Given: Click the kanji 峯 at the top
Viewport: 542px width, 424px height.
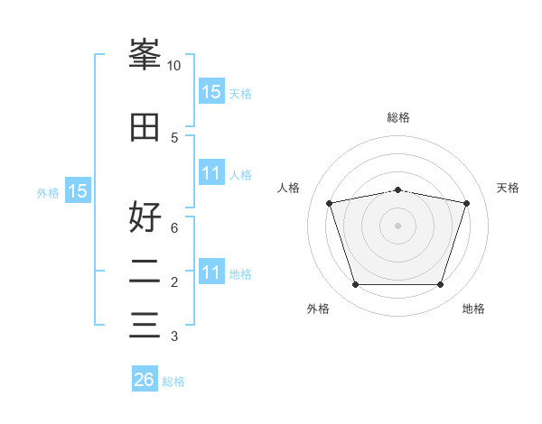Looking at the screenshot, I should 145,55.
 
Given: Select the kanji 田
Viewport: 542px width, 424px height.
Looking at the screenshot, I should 145,127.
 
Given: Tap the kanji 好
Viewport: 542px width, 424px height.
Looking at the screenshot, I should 145,217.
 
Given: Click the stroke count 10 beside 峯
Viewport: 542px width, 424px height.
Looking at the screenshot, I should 174,66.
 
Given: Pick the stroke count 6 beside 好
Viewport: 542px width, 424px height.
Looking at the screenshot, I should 174,228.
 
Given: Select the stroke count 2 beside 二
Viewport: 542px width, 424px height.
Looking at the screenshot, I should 174,282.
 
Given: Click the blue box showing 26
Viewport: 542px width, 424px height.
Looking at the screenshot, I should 144,380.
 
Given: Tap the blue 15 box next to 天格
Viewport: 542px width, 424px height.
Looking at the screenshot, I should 210,91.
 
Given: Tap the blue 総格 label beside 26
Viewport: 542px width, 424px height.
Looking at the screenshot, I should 173,382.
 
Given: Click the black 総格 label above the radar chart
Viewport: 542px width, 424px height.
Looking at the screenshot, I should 397,117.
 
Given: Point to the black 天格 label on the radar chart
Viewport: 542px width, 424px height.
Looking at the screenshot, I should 508,188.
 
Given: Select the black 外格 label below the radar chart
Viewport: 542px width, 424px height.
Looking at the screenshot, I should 318,309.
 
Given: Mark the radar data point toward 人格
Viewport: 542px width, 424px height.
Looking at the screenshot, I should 330,203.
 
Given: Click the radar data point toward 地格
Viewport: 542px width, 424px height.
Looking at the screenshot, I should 440,285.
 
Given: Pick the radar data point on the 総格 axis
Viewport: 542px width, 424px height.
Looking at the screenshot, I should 397,189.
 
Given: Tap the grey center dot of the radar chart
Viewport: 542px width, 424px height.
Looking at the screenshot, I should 397,225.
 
